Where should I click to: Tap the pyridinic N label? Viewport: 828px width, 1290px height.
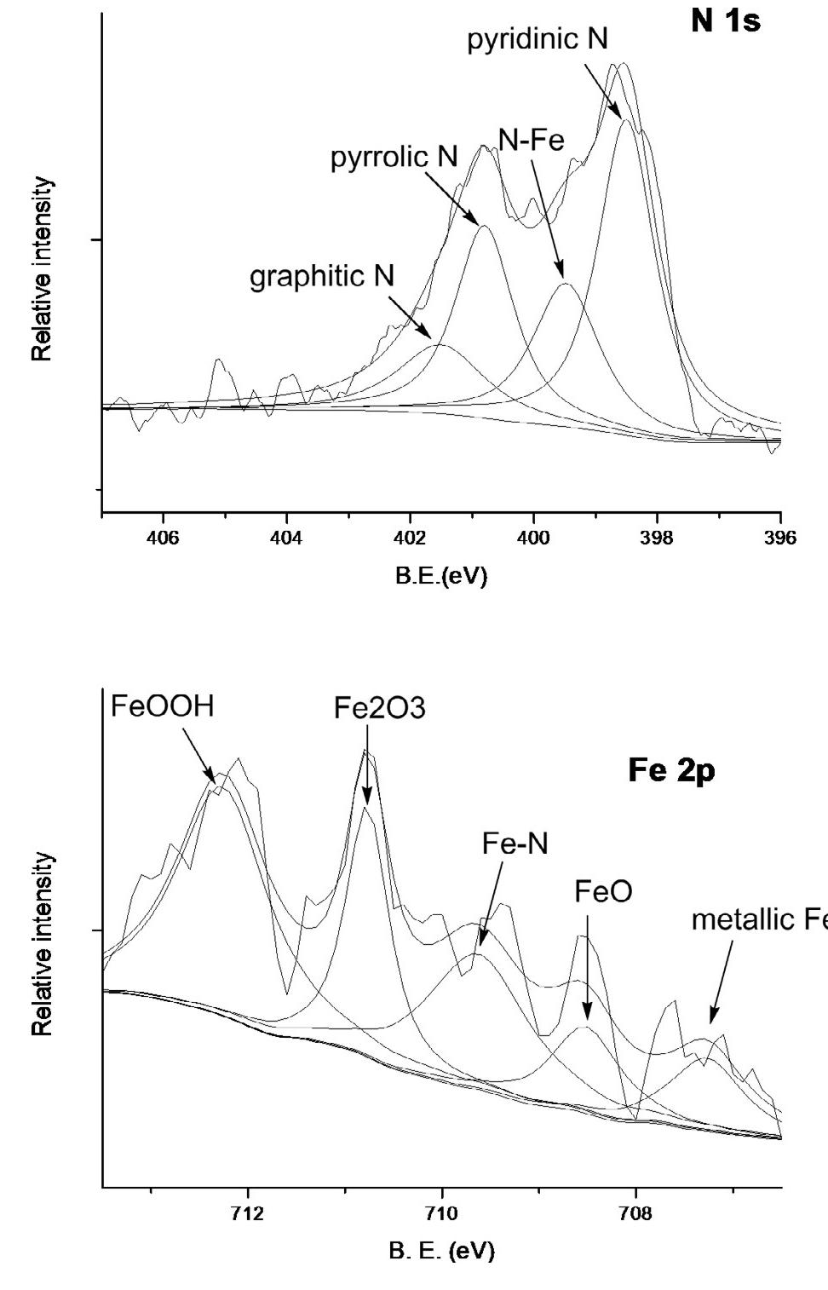tap(538, 41)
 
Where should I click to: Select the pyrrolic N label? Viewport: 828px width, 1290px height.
tap(394, 157)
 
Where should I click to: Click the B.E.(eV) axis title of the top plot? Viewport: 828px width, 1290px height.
tap(440, 577)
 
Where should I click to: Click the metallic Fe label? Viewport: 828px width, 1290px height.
tap(758, 920)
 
